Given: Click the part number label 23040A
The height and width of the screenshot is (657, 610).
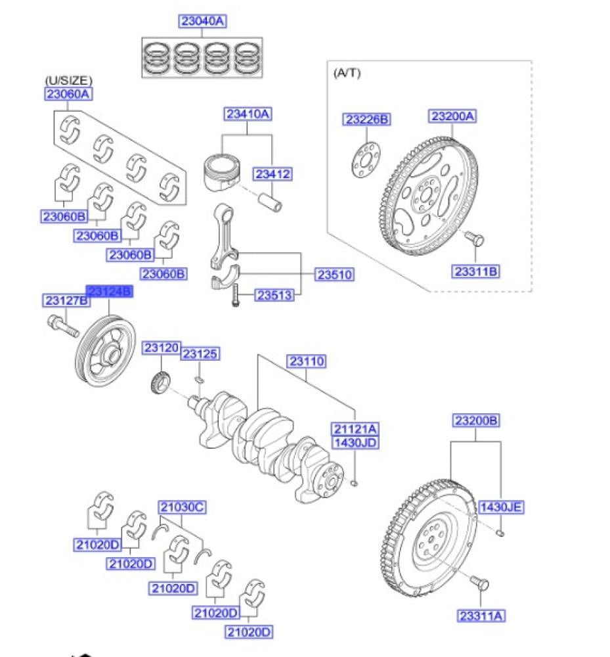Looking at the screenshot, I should (202, 22).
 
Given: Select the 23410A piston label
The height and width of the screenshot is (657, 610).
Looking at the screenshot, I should (248, 114).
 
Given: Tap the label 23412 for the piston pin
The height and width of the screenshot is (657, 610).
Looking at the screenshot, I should (273, 175).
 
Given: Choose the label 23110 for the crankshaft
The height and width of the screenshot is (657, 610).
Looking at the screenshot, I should (307, 361).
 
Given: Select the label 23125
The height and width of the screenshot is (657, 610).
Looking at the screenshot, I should (200, 355).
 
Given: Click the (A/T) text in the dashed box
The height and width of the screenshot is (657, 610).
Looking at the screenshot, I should (347, 73).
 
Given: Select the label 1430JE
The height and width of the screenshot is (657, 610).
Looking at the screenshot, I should (502, 507).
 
